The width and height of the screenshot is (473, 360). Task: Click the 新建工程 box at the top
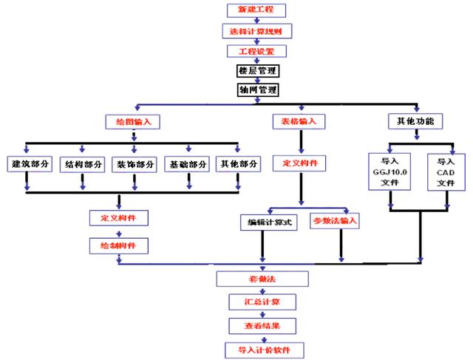pyautogui.click(x=256, y=10)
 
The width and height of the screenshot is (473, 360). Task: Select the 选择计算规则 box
pyautogui.click(x=256, y=31)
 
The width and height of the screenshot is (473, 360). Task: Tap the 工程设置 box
pyautogui.click(x=256, y=52)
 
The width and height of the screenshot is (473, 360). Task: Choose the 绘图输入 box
pyautogui.click(x=133, y=120)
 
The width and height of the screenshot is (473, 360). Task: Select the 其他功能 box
pyautogui.click(x=416, y=120)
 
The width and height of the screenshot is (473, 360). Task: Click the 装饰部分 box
pyautogui.click(x=135, y=164)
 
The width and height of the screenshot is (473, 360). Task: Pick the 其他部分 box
pyautogui.click(x=237, y=164)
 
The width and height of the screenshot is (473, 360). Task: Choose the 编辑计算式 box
pyautogui.click(x=268, y=221)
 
